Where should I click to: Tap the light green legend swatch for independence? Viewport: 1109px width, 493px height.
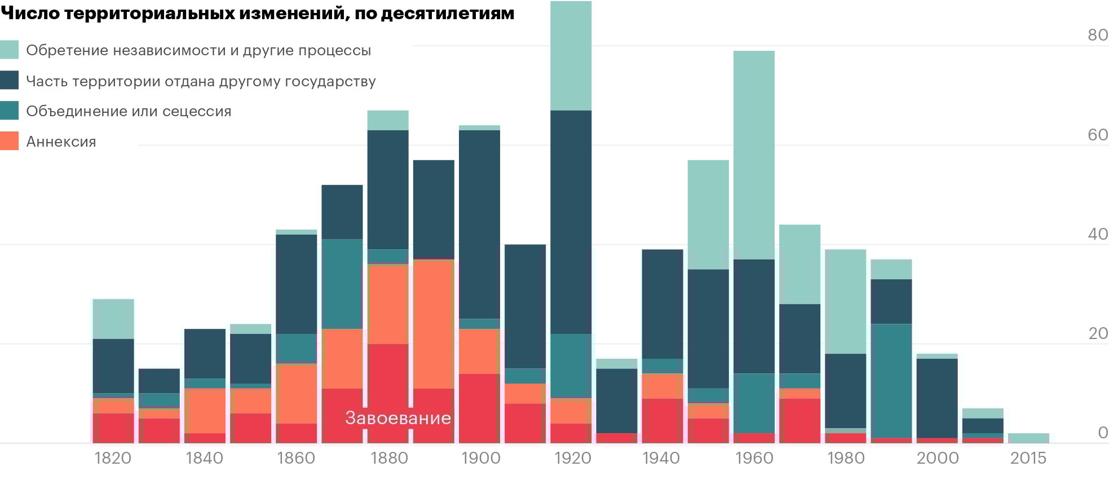coord(10,50)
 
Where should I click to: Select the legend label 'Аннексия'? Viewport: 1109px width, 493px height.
coord(61,142)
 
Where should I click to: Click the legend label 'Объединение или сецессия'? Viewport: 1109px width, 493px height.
coord(129,111)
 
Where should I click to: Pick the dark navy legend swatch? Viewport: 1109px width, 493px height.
coord(10,80)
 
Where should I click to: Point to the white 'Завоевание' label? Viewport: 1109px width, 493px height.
coord(398,418)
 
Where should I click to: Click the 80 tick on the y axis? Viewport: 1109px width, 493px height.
coord(1097,35)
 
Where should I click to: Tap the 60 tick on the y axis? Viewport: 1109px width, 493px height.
coord(1097,135)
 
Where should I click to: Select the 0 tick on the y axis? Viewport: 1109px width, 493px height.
coord(1103,433)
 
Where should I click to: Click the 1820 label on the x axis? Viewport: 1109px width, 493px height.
coord(113,458)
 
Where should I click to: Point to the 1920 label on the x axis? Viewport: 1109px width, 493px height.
coord(572,458)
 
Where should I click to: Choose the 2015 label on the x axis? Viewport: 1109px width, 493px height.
coord(1028,458)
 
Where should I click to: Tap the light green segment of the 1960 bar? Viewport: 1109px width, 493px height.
coord(754,155)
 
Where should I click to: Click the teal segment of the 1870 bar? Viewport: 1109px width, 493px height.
coord(342,284)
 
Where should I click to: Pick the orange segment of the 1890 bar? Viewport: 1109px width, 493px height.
coord(434,324)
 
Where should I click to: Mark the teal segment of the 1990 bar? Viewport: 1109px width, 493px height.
coord(891,381)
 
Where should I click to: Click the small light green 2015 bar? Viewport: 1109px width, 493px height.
coord(1028,438)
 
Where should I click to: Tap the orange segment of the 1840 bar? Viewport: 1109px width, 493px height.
coord(205,411)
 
